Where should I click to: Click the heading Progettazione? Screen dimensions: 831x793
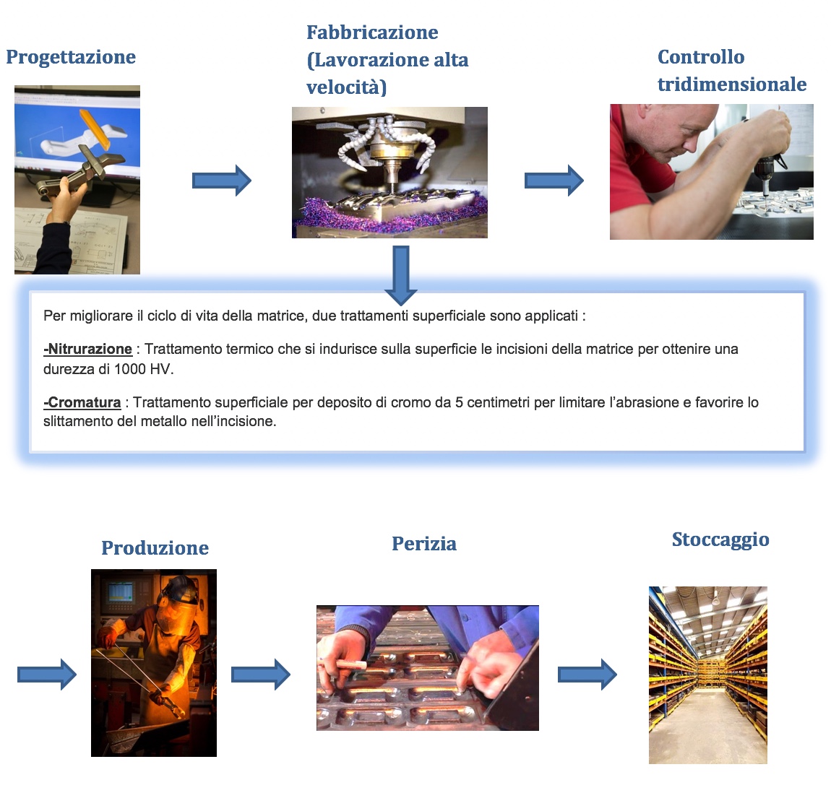coord(71,57)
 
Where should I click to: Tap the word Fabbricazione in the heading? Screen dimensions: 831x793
coord(372,32)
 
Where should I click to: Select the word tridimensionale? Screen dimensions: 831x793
coord(732,84)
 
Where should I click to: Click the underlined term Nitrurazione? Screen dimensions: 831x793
coord(88,349)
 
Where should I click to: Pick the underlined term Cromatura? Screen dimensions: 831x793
coord(82,402)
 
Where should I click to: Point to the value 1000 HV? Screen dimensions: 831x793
coord(143,368)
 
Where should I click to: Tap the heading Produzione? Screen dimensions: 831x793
coord(155,547)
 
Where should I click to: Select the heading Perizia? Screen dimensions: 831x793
coord(424,544)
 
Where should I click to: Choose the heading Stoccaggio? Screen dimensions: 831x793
coord(720,539)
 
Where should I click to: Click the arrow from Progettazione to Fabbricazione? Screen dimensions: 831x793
coord(222,180)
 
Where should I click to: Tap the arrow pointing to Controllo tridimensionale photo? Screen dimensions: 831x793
coord(554,180)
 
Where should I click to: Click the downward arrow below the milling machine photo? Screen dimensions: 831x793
coord(400,275)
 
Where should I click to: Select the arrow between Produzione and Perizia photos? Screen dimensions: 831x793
coord(261,675)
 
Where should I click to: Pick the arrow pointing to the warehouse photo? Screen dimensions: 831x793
coord(587,675)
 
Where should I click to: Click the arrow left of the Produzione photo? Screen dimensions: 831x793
coord(47,675)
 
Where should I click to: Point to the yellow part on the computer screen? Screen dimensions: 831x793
coord(96,128)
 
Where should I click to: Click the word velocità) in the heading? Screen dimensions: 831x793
coord(347,87)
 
